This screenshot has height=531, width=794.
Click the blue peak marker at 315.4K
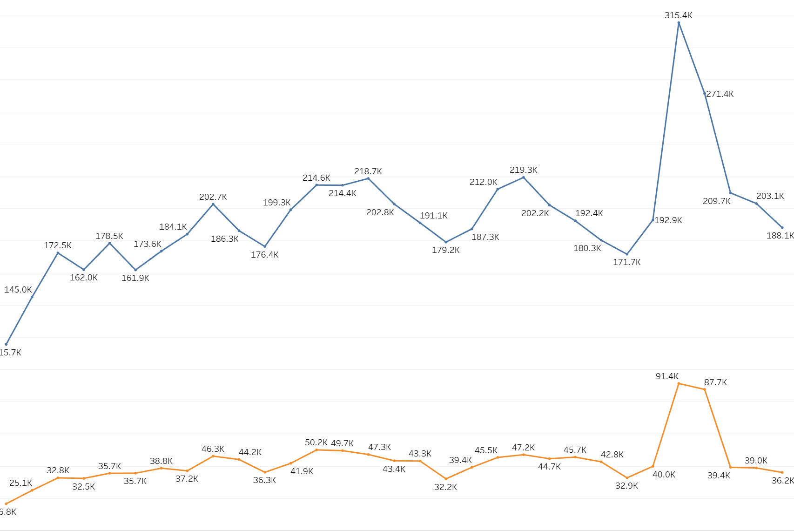pos(679,23)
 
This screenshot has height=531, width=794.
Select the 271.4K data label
pos(720,94)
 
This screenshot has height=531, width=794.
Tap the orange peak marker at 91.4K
pos(679,383)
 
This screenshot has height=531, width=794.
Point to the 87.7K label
pos(715,382)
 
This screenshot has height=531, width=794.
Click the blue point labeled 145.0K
pos(32,297)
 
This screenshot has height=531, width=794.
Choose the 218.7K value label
pos(368,171)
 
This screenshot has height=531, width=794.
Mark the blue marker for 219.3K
pos(524,177)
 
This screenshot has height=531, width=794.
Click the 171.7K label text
pos(626,262)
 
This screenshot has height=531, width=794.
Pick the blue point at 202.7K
pos(213,204)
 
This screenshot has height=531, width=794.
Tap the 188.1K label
pos(780,236)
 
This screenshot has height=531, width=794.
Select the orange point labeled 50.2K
pos(316,449)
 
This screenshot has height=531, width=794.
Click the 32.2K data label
pos(445,487)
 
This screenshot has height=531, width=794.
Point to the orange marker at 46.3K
pos(213,456)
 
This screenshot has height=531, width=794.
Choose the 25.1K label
pos(21,483)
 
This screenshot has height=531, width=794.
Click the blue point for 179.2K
pos(446,242)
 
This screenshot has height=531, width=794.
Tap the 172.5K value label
pos(58,245)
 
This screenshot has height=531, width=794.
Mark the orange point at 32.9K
pos(627,478)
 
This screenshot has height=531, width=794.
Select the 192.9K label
pos(668,220)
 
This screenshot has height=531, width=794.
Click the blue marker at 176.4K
pos(265,246)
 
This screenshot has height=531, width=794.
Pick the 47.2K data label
pos(523,448)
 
